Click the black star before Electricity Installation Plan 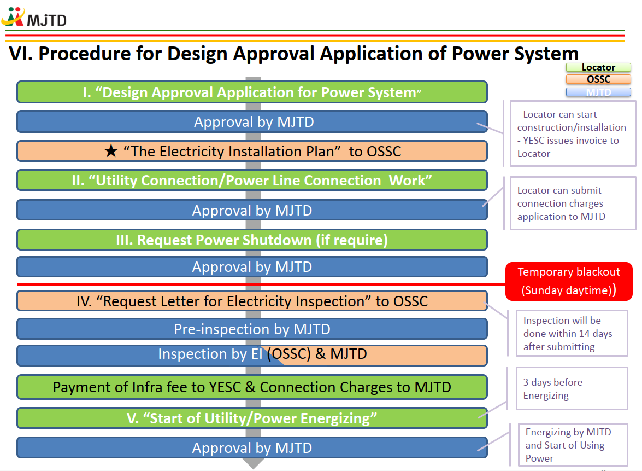pos(110,151)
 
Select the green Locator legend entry pos(598,67)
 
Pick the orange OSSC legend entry pos(598,79)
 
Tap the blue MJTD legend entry pos(598,92)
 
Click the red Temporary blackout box pos(569,281)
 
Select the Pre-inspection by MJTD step pos(252,329)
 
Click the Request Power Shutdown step pos(252,240)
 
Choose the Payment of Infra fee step pos(252,387)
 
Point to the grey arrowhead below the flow pos(254,464)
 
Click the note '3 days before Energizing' pos(572,388)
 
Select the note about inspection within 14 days pos(572,333)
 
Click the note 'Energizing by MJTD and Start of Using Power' pos(573,445)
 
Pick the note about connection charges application pos(573,203)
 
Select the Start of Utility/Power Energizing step pos(252,418)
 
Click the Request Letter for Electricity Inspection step pos(252,301)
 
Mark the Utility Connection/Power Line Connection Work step pos(252,181)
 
